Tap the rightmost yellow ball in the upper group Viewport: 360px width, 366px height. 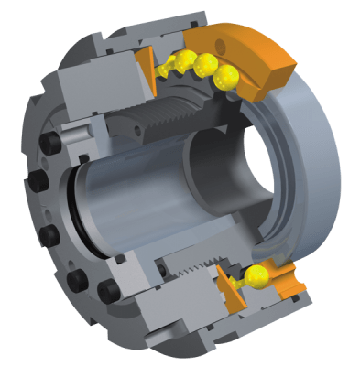229,79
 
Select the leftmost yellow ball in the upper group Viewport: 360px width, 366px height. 169,66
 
